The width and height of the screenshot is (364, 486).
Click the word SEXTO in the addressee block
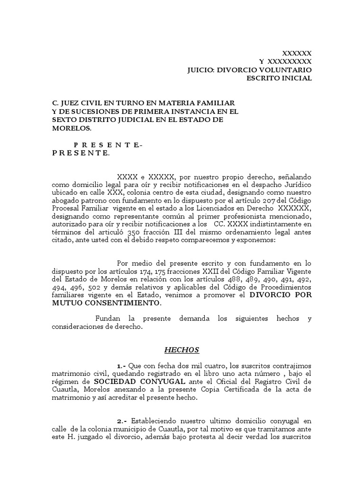[x=63, y=120]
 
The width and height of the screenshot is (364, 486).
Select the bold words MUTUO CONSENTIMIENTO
[x=106, y=303]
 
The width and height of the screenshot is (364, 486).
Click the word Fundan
[x=108, y=318]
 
